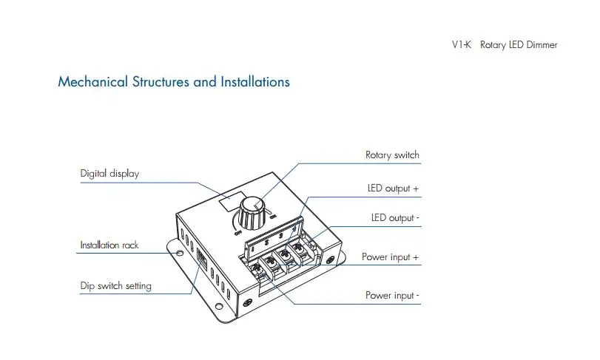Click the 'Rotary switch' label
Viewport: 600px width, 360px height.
point(392,155)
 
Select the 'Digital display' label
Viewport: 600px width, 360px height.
point(109,174)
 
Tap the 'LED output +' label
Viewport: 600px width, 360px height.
point(393,189)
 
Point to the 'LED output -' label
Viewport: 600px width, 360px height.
point(395,218)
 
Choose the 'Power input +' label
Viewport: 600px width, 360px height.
point(390,257)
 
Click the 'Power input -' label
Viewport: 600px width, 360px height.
point(392,296)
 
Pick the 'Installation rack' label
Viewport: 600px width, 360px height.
point(109,245)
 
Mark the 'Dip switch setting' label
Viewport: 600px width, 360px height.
point(115,285)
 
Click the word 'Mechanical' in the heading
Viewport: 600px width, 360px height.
point(92,82)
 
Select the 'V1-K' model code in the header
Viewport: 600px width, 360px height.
point(462,45)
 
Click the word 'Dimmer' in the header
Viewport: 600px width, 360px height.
point(542,45)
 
